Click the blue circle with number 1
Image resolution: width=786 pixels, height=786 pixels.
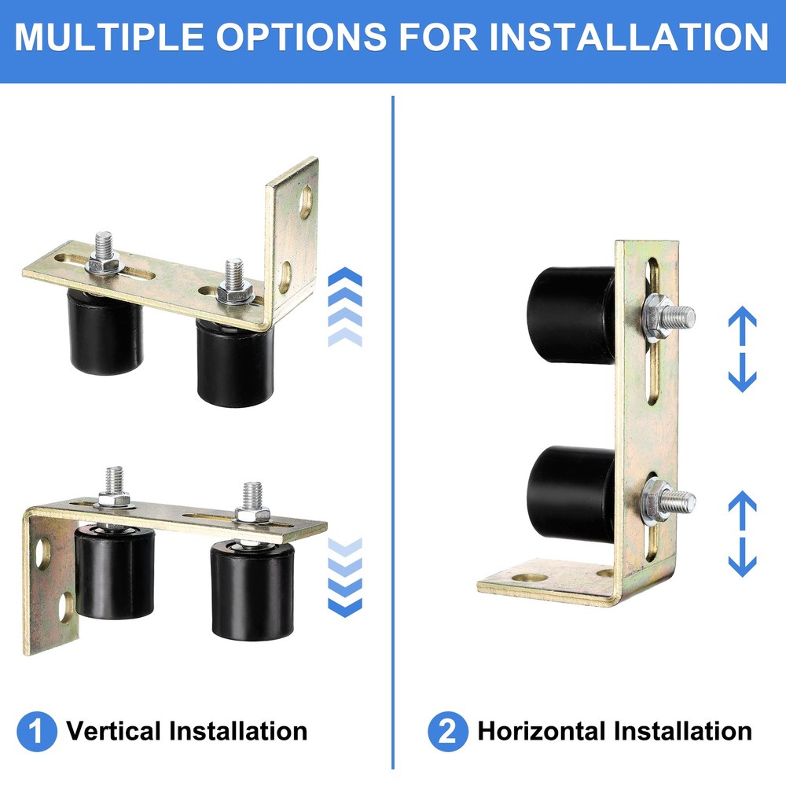click(38, 732)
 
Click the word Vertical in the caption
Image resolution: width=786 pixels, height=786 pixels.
click(114, 732)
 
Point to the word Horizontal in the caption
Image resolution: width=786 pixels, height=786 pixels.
click(542, 732)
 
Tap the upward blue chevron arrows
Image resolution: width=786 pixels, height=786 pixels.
click(344, 307)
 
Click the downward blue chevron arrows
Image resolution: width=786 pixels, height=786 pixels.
click(344, 578)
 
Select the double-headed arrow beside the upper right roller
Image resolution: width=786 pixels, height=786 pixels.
click(742, 350)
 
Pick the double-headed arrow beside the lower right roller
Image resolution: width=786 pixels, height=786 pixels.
click(742, 534)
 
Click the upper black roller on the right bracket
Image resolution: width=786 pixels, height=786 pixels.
click(572, 314)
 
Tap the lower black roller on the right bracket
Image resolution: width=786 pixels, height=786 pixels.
click(572, 493)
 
